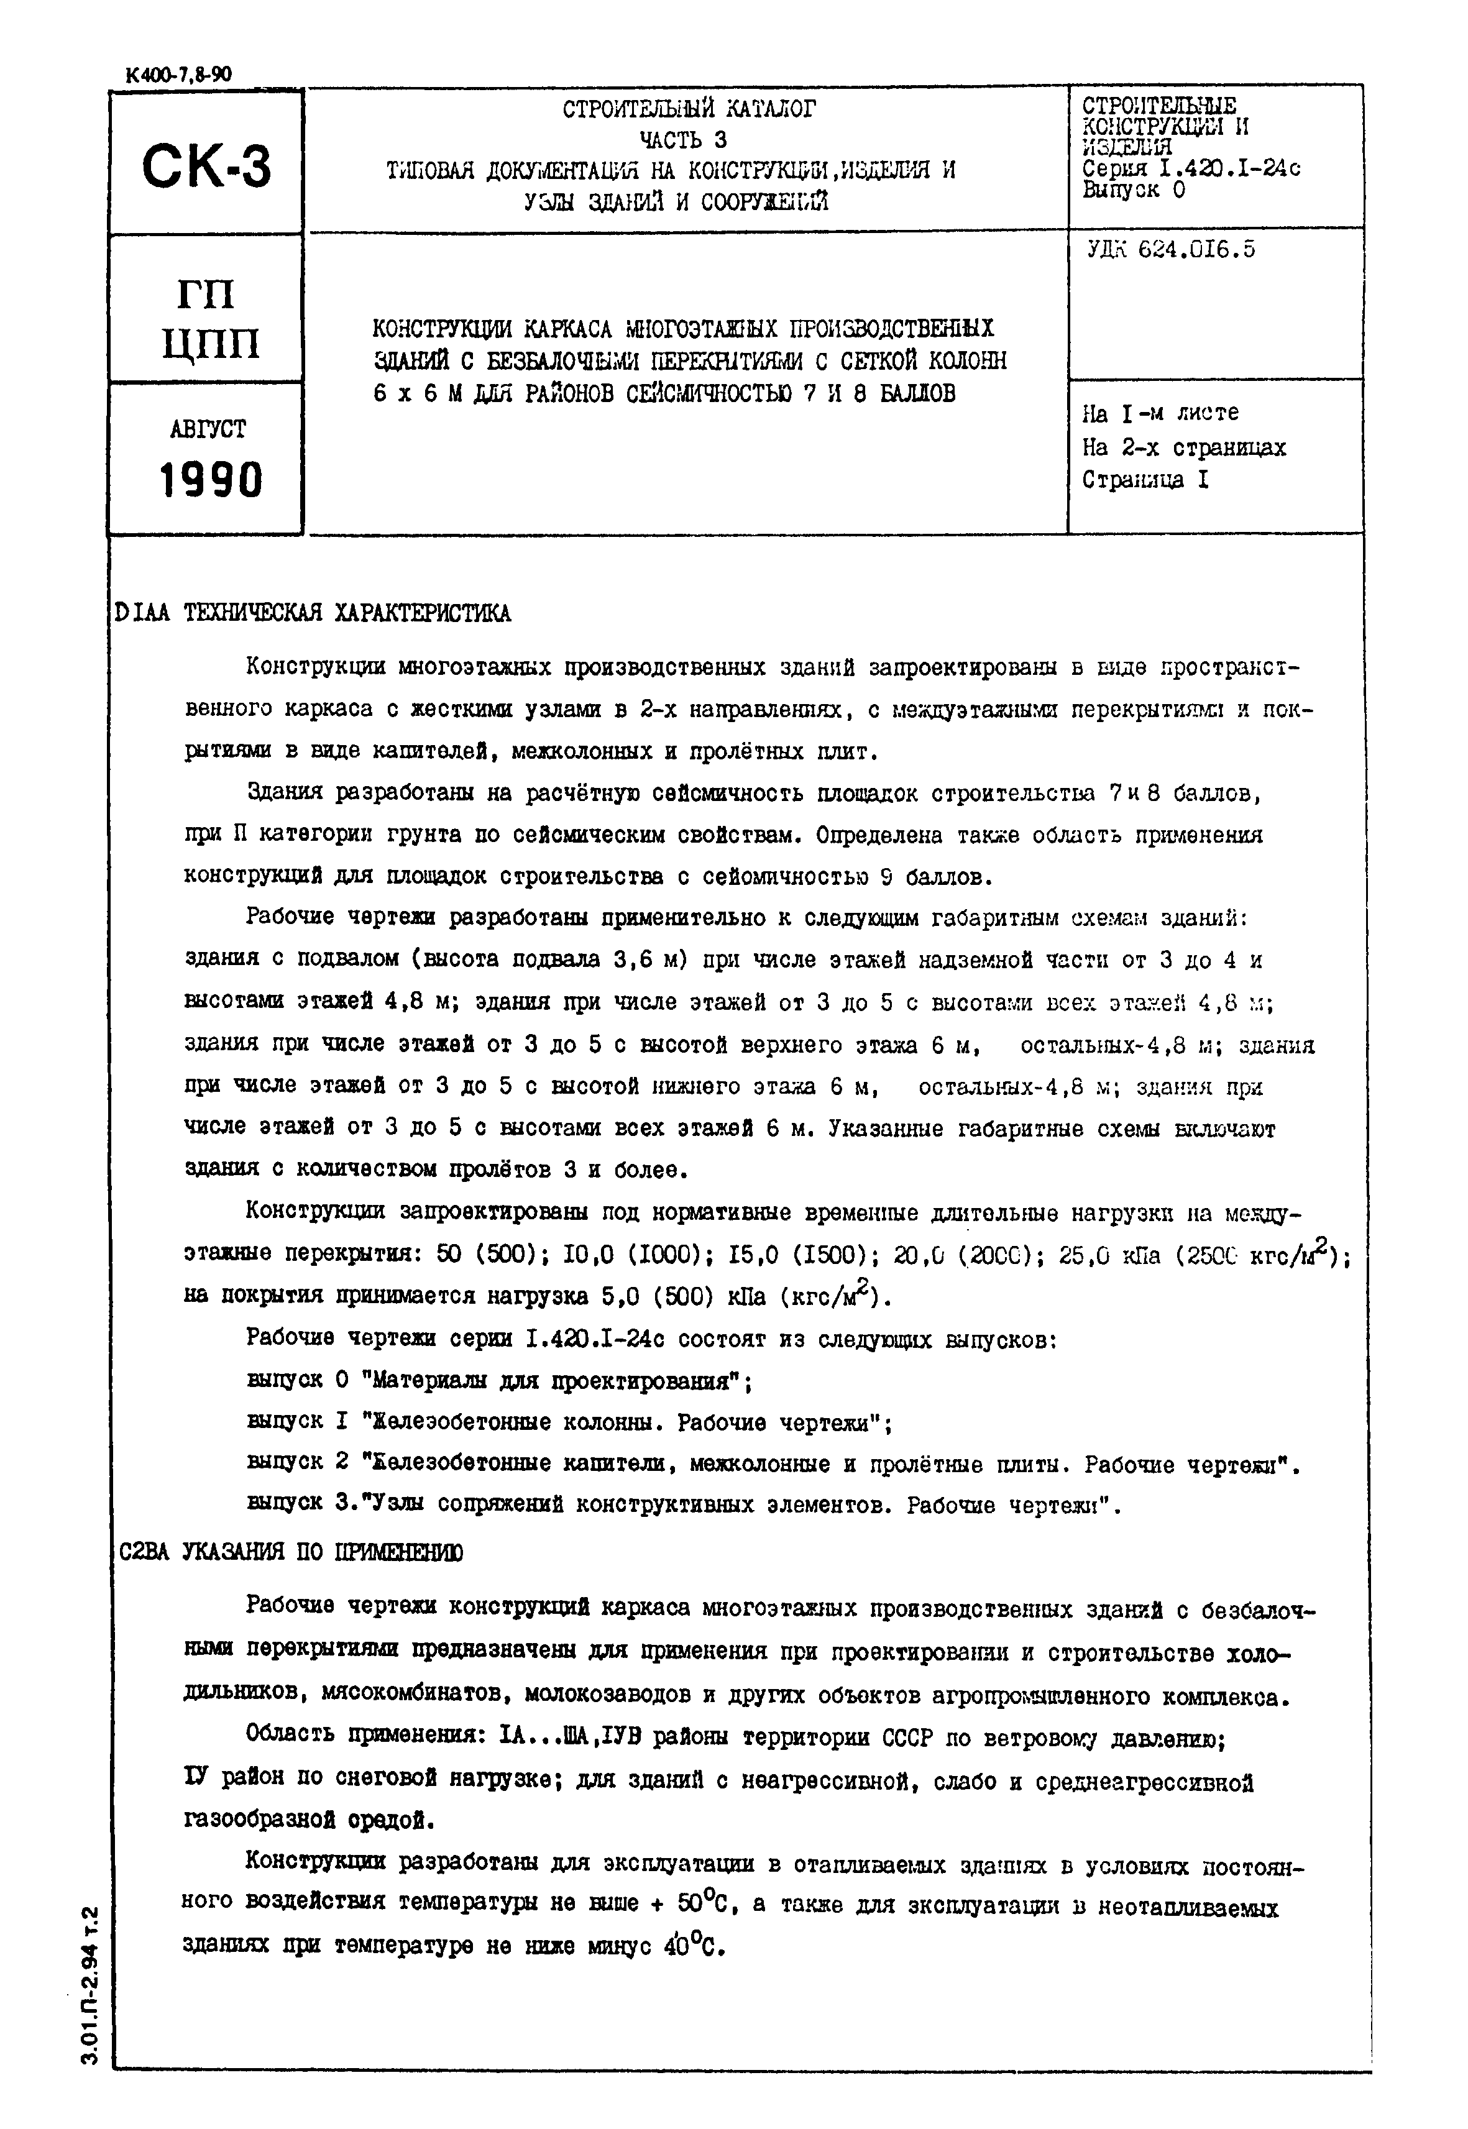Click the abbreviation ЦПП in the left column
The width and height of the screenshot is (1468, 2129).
(x=211, y=345)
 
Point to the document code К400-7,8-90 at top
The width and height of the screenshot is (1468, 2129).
(x=172, y=75)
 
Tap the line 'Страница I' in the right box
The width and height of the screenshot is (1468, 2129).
(x=1145, y=480)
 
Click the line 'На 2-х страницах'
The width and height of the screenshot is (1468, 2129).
(x=1184, y=448)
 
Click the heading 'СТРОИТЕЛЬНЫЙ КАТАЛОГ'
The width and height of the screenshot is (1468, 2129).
(x=689, y=109)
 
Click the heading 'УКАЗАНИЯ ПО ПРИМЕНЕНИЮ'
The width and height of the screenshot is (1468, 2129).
(x=323, y=1552)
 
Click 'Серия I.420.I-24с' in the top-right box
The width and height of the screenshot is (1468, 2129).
(x=1191, y=169)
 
